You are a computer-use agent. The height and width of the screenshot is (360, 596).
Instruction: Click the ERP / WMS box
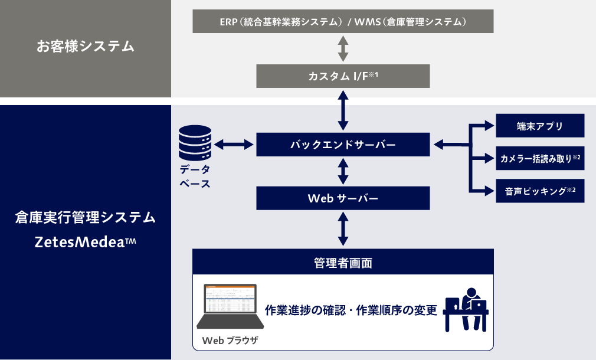click(x=343, y=22)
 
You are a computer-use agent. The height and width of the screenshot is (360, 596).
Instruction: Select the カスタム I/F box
click(x=343, y=77)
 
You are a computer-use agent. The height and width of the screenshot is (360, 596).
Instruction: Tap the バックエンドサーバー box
click(x=343, y=145)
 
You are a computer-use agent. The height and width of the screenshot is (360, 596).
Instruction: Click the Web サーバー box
click(x=343, y=198)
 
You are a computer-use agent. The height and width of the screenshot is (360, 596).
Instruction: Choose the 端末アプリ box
click(x=540, y=126)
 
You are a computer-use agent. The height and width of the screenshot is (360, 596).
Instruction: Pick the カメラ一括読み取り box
click(x=540, y=158)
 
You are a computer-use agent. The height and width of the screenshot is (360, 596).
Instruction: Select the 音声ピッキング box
click(x=540, y=191)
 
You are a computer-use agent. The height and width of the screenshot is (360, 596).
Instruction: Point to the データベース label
click(x=195, y=176)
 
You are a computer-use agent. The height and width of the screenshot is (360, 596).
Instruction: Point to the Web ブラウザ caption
click(x=230, y=341)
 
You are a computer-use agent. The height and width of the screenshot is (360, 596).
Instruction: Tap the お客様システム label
click(x=86, y=46)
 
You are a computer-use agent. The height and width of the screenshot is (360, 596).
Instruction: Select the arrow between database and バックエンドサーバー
click(x=234, y=145)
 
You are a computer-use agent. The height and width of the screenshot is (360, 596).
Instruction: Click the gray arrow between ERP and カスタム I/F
click(x=343, y=49)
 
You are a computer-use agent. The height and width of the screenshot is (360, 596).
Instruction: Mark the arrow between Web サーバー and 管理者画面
click(x=343, y=229)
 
